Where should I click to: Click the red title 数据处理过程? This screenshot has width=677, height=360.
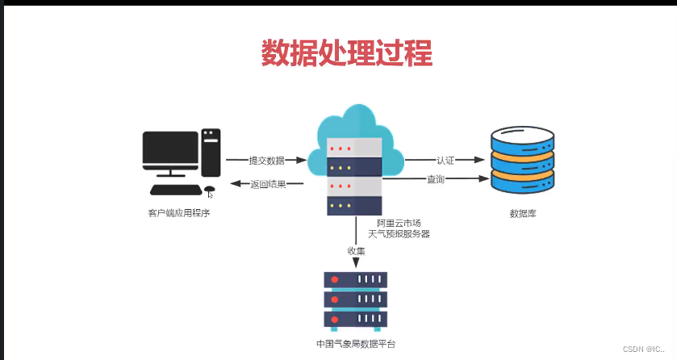click(x=347, y=52)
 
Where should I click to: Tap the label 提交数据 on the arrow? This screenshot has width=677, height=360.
click(x=267, y=161)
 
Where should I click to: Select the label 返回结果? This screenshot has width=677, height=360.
click(x=268, y=184)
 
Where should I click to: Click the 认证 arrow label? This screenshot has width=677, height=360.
click(x=445, y=161)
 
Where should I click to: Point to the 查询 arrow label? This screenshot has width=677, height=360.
click(x=436, y=179)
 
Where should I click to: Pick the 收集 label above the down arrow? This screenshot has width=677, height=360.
click(x=356, y=251)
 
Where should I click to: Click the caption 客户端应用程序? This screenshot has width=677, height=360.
click(x=179, y=213)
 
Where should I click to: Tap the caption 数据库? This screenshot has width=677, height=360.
click(x=523, y=213)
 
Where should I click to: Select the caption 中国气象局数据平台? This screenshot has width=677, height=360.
click(x=356, y=344)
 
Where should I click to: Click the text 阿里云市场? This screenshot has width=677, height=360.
click(x=399, y=223)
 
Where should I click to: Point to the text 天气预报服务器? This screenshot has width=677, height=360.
click(x=399, y=234)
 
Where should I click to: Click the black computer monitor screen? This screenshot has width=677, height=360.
click(x=170, y=148)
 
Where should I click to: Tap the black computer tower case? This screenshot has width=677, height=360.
click(x=211, y=153)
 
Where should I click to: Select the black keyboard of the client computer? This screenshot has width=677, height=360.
click(x=176, y=190)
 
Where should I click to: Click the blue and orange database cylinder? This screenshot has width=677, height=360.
click(x=522, y=160)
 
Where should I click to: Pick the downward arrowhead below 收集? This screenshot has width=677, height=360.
click(x=356, y=262)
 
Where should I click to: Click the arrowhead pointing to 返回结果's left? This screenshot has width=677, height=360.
click(x=236, y=183)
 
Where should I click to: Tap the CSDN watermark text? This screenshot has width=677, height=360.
click(x=643, y=350)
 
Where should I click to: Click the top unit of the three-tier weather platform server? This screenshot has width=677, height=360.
click(x=355, y=280)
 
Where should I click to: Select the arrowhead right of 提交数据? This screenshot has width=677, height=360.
click(x=301, y=160)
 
